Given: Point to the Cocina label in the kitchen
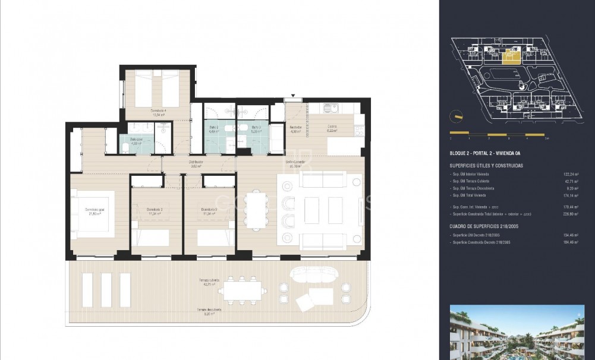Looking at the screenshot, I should (x=332, y=127).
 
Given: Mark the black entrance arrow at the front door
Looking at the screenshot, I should (x=292, y=95).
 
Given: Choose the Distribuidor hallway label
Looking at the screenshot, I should (x=197, y=163).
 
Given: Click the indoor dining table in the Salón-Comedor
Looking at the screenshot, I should (x=258, y=209).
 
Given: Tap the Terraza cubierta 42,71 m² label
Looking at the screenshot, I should (x=210, y=282).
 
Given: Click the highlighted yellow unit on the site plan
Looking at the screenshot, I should (x=509, y=56).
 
